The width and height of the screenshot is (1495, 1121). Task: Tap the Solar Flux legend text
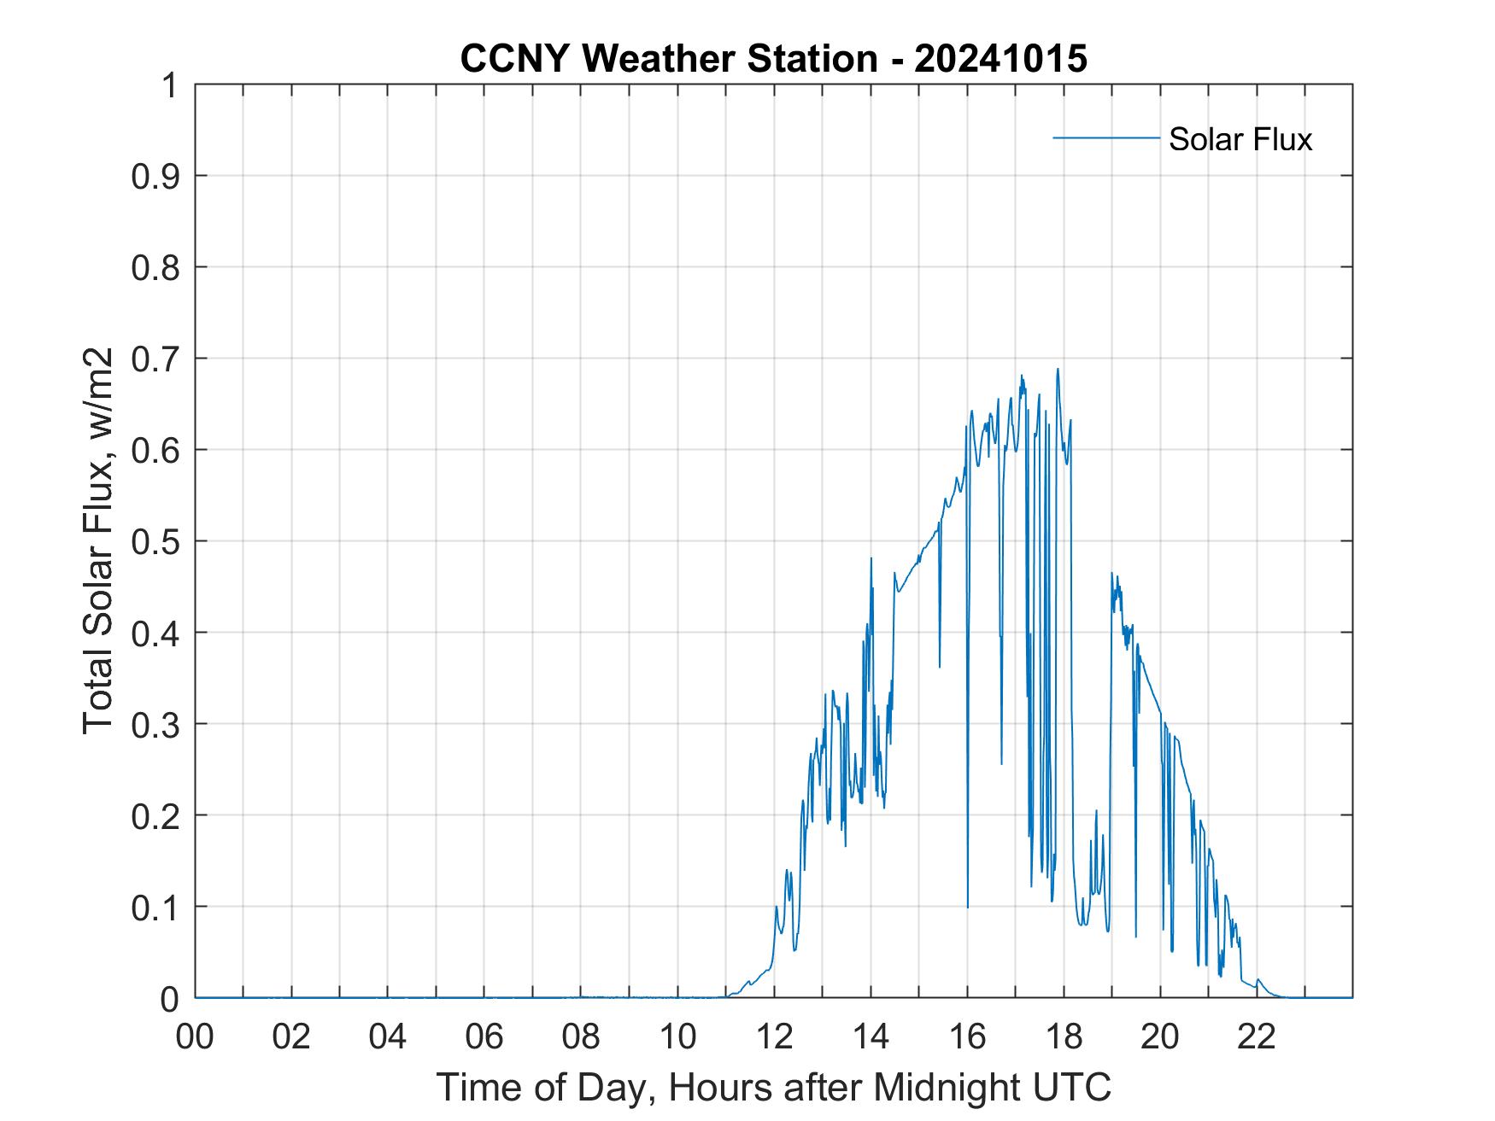coord(1240,139)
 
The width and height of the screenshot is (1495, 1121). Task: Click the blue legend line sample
coord(1105,137)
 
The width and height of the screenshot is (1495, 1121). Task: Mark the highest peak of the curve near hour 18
coord(1058,369)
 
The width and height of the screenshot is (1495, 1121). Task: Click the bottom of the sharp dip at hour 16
coord(968,907)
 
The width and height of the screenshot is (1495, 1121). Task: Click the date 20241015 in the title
coord(1000,59)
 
